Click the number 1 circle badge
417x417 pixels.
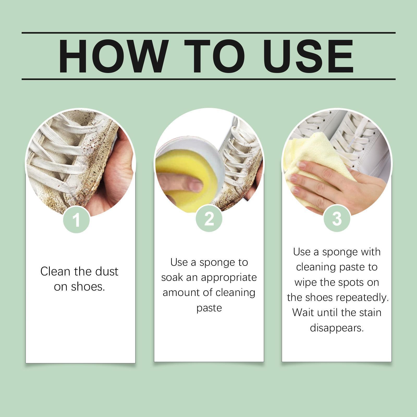[76, 220]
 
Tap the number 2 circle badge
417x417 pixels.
[209, 219]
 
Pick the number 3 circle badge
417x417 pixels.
[337, 219]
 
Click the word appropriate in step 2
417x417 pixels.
[229, 278]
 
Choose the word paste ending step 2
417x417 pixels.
[209, 308]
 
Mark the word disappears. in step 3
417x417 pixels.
[337, 328]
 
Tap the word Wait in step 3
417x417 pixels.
[302, 312]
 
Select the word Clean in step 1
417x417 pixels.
[55, 272]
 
